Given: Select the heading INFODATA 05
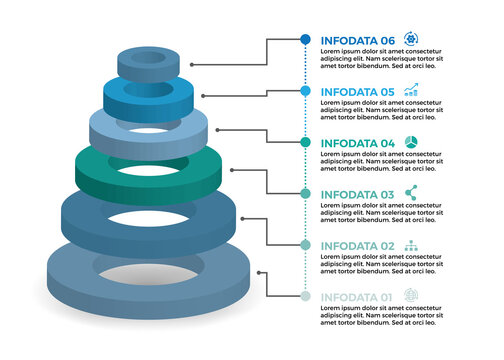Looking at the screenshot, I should (357, 91).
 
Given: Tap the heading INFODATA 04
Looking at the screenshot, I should (357, 143).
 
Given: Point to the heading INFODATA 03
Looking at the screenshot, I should (357, 194).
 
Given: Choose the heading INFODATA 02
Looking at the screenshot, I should (357, 246).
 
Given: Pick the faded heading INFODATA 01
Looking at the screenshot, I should (357, 297).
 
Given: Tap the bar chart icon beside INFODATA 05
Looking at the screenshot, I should (411, 90).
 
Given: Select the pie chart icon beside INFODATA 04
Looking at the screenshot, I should (411, 142).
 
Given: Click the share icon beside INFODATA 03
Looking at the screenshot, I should (411, 193).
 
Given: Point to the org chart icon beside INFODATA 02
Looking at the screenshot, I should (411, 245).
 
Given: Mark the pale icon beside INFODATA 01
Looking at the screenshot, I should (411, 296).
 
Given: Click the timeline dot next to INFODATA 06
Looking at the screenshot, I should (305, 39).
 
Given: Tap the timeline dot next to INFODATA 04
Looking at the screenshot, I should (305, 143).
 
